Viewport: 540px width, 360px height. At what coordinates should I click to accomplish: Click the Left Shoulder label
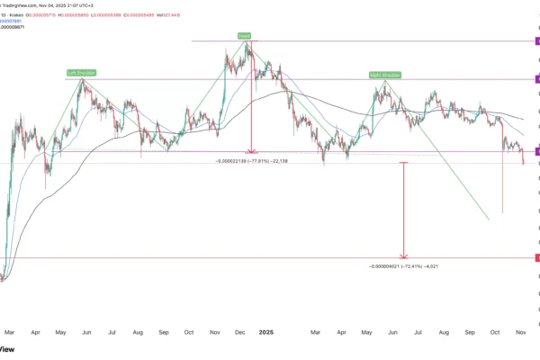81,72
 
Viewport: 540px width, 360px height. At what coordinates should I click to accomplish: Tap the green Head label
244,35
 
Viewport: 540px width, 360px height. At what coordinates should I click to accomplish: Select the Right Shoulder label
384,74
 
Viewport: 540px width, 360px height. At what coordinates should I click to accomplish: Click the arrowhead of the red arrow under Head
250,148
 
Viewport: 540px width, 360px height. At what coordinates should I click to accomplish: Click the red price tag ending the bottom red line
537,258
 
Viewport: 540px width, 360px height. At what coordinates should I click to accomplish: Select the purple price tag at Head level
537,42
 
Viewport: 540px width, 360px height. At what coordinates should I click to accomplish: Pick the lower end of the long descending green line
489,219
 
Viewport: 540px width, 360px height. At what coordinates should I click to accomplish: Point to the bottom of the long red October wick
502,212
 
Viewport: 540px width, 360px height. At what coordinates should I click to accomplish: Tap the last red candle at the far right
524,159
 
